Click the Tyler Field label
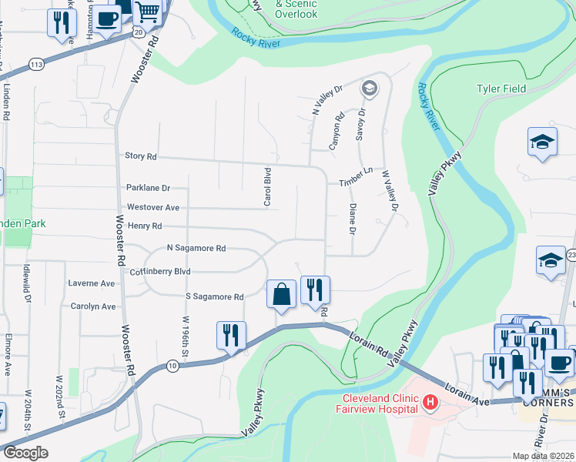click(x=501, y=89)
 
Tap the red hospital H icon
click(x=430, y=402)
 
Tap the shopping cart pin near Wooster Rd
click(x=147, y=12)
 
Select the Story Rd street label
click(x=140, y=156)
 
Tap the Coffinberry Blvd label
click(x=161, y=272)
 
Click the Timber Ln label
click(x=356, y=182)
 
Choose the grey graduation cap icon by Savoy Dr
click(x=369, y=89)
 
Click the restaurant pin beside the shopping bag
click(x=314, y=290)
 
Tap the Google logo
click(x=26, y=453)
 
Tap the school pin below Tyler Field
click(x=542, y=142)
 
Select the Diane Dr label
click(x=352, y=219)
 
